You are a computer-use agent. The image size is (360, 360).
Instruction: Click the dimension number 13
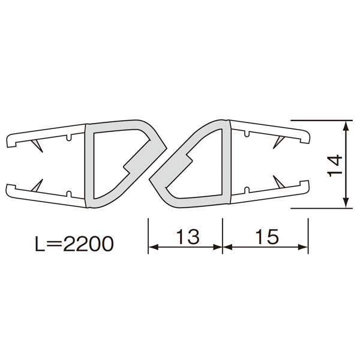point(188,236)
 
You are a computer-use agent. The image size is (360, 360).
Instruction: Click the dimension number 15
point(267,236)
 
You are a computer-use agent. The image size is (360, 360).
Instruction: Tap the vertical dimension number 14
point(335,166)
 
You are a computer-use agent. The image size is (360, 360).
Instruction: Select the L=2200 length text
point(74,244)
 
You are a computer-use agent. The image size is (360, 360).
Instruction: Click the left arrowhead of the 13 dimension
point(154,247)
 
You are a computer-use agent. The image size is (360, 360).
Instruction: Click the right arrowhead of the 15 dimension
point(302,247)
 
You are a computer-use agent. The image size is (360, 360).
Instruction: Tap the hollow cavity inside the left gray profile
point(115,161)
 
